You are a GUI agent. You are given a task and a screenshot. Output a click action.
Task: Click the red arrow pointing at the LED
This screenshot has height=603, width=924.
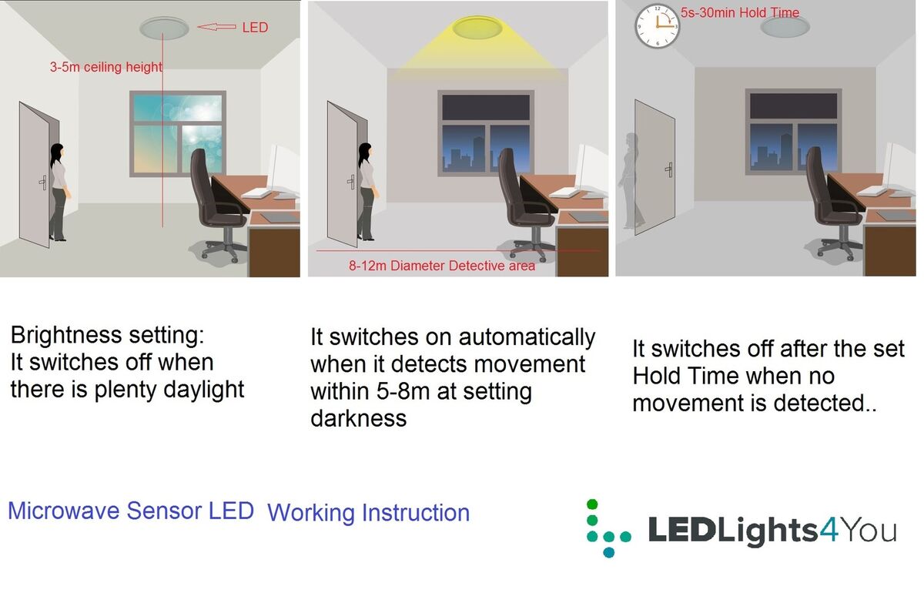click(216, 27)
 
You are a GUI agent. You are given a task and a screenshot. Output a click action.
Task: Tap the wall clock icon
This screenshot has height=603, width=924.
click(657, 26)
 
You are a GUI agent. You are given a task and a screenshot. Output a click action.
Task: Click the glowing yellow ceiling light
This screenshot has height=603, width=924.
click(476, 28)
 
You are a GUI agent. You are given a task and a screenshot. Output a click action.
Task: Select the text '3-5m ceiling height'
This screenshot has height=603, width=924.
click(105, 67)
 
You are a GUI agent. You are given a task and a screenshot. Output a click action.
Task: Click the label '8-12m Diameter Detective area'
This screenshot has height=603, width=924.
click(441, 266)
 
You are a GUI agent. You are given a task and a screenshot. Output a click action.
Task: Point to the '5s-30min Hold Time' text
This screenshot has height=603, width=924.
click(740, 12)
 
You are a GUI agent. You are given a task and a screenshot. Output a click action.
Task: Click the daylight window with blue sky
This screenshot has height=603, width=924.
click(178, 132)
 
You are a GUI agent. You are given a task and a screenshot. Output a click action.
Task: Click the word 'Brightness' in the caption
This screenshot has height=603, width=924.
click(67, 335)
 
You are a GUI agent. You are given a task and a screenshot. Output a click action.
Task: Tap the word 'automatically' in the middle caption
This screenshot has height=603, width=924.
click(527, 337)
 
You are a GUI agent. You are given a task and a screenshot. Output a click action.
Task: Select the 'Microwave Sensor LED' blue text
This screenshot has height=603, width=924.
click(131, 511)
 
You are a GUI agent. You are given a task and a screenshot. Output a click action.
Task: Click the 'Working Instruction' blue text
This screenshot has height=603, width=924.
click(368, 513)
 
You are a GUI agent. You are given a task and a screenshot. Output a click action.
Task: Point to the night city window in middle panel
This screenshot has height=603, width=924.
click(484, 132)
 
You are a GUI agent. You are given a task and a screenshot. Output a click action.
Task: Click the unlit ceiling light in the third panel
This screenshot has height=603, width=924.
click(785, 27)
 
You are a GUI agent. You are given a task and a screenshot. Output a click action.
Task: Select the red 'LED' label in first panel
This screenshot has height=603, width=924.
click(255, 27)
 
